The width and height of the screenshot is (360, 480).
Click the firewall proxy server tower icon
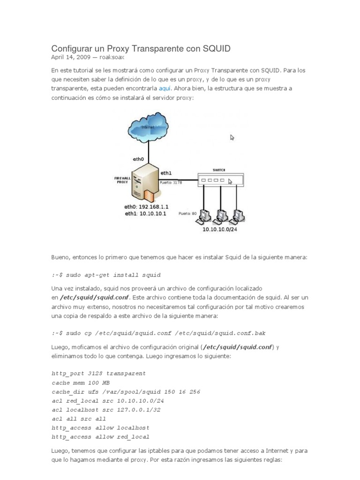coord(143,180)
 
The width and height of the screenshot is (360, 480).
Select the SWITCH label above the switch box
coord(219,169)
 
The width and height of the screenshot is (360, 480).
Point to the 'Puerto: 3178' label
coord(171,183)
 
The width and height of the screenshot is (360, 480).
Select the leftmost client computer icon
coord(204,216)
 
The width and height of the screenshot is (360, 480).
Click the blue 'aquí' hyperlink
coord(165,88)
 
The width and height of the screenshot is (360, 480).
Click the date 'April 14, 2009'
coord(70,57)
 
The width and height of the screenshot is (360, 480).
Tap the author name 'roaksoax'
coord(112,57)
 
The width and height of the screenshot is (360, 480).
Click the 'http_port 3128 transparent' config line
coord(98,373)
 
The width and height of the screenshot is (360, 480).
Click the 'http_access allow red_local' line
coord(100,437)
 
